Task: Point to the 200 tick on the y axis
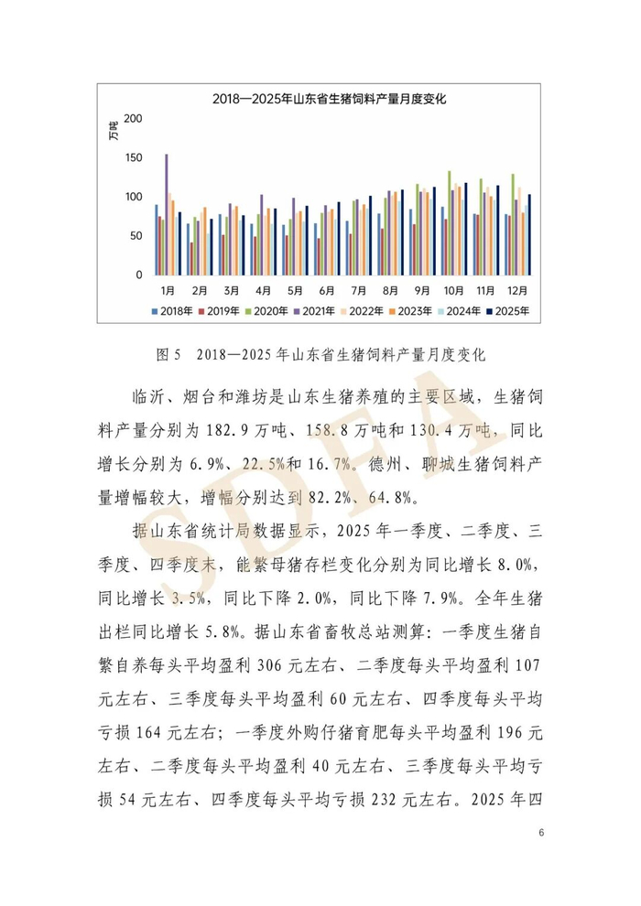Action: click(134, 119)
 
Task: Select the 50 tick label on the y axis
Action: click(136, 236)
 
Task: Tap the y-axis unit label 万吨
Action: click(114, 130)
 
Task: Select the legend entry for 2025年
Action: click(518, 310)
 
